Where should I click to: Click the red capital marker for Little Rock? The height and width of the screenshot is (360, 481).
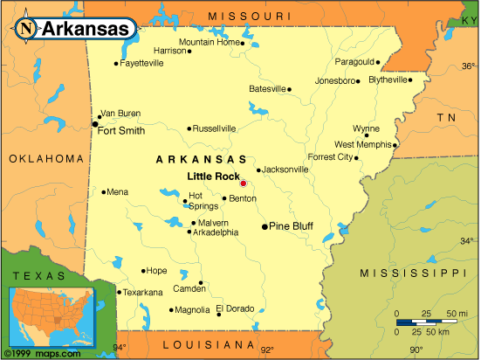click(244, 183)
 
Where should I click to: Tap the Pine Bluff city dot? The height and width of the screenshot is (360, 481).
click(265, 226)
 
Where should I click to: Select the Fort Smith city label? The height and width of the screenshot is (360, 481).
click(121, 132)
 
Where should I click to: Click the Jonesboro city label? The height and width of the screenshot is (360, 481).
click(336, 81)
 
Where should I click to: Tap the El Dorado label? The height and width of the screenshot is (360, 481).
click(236, 308)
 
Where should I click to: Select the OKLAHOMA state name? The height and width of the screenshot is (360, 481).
click(47, 159)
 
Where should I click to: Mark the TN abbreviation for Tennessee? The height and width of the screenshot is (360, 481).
click(448, 116)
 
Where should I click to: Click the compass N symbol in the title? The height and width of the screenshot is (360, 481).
click(27, 27)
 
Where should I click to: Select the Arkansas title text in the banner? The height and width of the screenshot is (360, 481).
click(86, 28)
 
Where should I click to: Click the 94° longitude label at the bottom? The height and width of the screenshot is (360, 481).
click(119, 349)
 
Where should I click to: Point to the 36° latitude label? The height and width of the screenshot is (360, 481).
click(468, 66)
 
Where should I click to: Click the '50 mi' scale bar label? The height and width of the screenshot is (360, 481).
click(457, 312)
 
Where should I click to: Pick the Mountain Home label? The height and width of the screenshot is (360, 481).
click(210, 42)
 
